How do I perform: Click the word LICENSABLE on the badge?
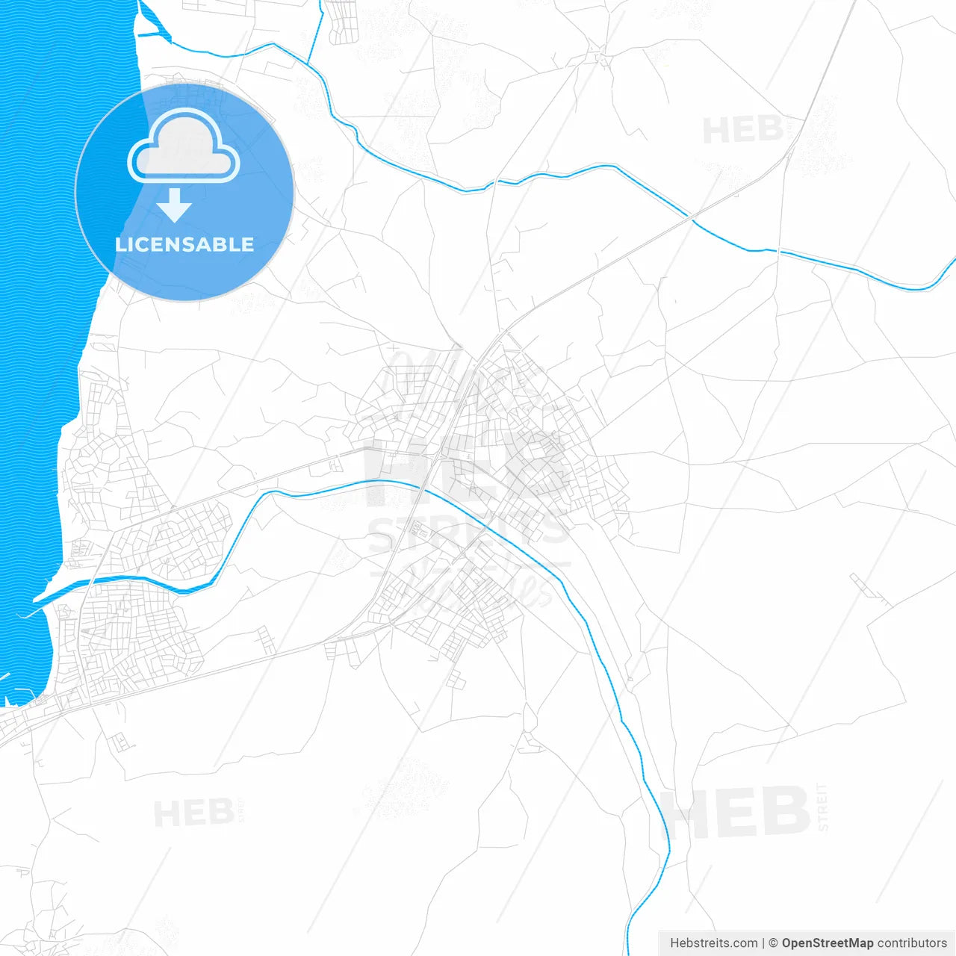184,244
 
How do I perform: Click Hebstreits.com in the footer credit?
713,943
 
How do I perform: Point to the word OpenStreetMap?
827,943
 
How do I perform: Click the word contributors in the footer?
911,943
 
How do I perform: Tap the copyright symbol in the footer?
773,943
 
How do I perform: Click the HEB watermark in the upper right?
742,131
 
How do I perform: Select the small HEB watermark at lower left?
193,813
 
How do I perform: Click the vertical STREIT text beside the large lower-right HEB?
822,807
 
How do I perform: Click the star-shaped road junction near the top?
597,54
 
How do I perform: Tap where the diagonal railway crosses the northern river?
690,218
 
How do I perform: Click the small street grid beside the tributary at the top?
341,21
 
